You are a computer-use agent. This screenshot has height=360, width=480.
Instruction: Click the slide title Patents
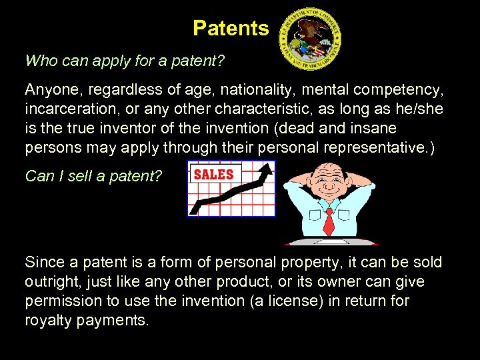(231, 28)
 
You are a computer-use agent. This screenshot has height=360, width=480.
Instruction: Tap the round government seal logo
(310, 39)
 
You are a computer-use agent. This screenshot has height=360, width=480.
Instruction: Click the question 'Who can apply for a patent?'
(125, 61)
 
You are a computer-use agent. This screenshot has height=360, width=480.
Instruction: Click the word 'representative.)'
(379, 147)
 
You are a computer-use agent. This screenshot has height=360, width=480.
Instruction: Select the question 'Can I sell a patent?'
(93, 176)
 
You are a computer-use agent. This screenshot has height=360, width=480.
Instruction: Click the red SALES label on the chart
(213, 175)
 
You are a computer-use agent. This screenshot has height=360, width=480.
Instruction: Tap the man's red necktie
(328, 221)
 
